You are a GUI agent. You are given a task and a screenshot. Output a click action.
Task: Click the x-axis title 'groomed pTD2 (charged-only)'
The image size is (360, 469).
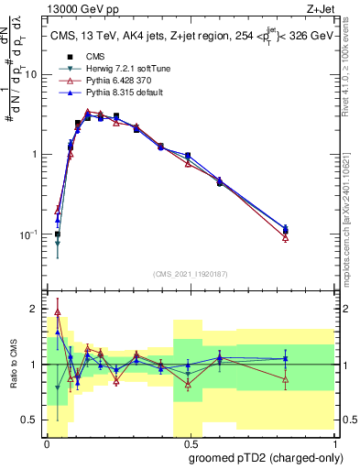(265, 457)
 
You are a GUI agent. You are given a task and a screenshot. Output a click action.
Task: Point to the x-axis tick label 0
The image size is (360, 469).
(47, 443)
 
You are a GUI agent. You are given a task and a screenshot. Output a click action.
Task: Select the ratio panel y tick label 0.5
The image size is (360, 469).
(30, 420)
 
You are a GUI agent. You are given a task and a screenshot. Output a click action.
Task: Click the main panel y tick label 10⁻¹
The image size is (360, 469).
(28, 234)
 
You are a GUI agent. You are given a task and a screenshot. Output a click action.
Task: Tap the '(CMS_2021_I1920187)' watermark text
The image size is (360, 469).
(191, 272)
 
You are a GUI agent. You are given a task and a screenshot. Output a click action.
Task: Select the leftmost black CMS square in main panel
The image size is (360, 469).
(57, 234)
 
